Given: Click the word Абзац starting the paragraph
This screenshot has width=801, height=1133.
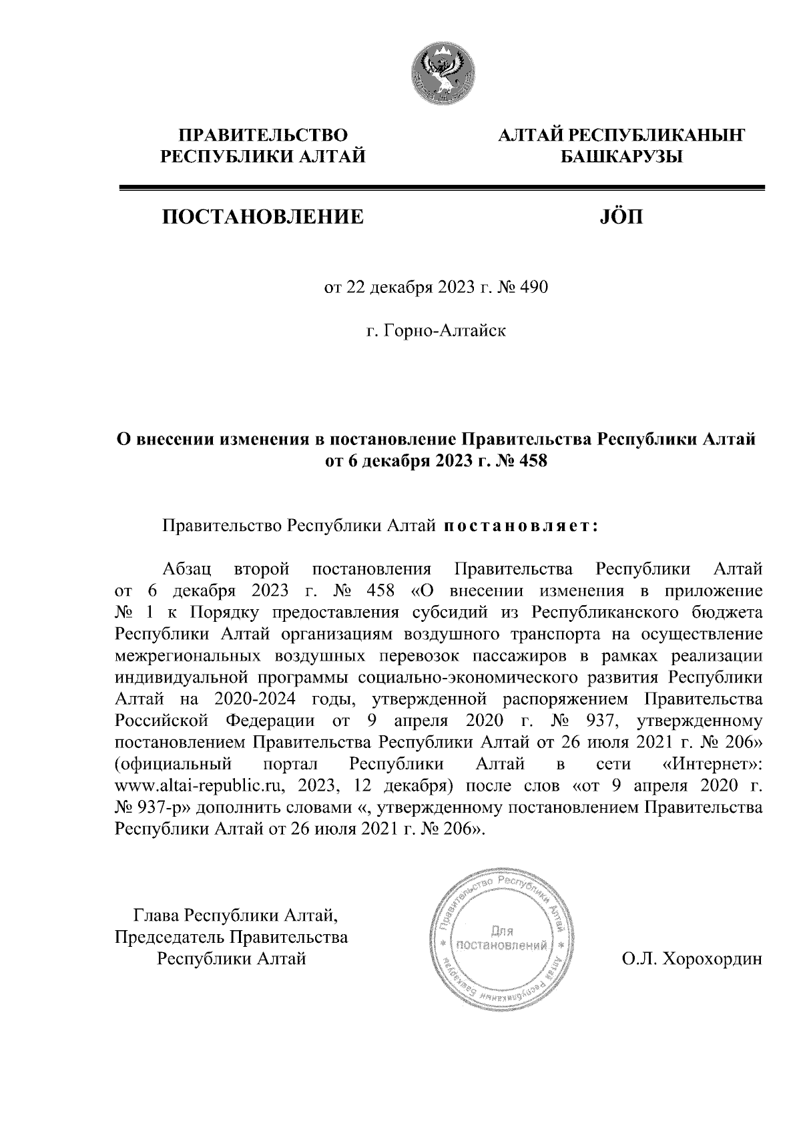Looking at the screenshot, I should (188, 571).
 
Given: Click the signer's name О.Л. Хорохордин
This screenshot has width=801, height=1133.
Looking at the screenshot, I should (691, 960).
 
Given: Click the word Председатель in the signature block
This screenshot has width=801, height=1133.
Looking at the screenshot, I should (171, 937).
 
